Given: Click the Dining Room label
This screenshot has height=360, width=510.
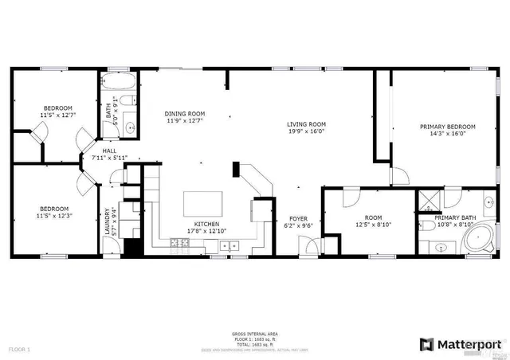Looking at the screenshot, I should [185, 113].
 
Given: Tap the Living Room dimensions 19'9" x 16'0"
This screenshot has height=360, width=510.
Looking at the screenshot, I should [307, 132].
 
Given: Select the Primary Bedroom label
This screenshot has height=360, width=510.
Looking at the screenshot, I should [447, 127].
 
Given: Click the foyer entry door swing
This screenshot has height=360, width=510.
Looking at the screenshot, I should [313, 246].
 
